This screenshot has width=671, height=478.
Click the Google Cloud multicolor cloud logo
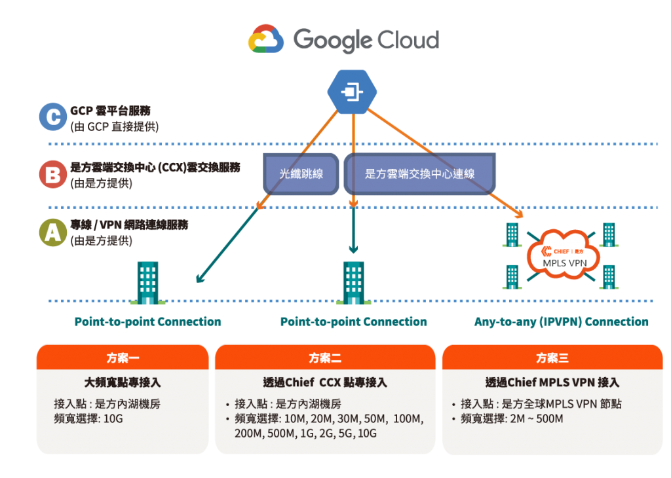(x=265, y=39)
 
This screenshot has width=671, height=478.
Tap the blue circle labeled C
(x=52, y=117)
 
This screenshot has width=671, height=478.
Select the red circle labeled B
(x=52, y=175)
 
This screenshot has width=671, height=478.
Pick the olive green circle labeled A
(x=52, y=233)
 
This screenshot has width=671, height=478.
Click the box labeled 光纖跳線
(x=301, y=174)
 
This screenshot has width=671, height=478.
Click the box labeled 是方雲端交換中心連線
(x=419, y=174)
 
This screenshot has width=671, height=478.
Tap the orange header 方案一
(x=123, y=358)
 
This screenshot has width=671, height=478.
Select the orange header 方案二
(x=325, y=358)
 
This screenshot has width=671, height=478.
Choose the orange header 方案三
(x=552, y=358)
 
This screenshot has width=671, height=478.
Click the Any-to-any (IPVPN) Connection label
(x=562, y=322)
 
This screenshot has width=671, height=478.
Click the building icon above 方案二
(x=353, y=282)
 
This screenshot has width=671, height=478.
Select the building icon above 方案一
(x=147, y=282)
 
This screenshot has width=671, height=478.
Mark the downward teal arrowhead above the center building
(x=353, y=249)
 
